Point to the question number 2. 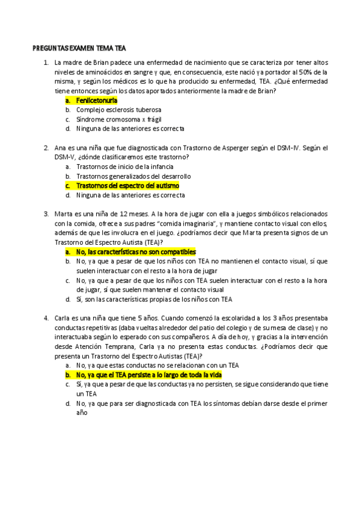[x=46, y=148]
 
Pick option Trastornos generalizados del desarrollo [x=133, y=176]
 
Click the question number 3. [x=46, y=214]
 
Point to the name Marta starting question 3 [x=64, y=214]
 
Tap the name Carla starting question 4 [x=64, y=318]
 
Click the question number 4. [x=46, y=318]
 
